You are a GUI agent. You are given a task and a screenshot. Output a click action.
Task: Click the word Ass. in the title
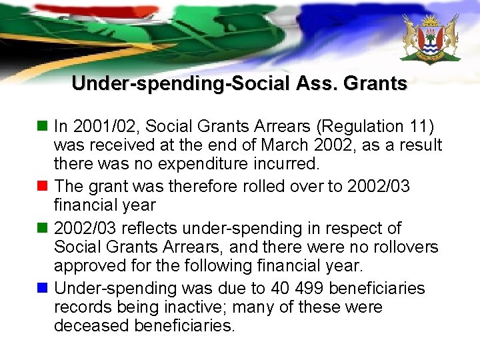pos(315,84)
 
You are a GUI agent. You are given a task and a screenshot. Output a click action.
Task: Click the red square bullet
pos(43,185)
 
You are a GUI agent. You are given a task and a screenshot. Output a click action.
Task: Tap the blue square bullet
pos(43,288)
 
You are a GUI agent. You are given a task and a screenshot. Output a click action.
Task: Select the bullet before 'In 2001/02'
pos(43,125)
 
